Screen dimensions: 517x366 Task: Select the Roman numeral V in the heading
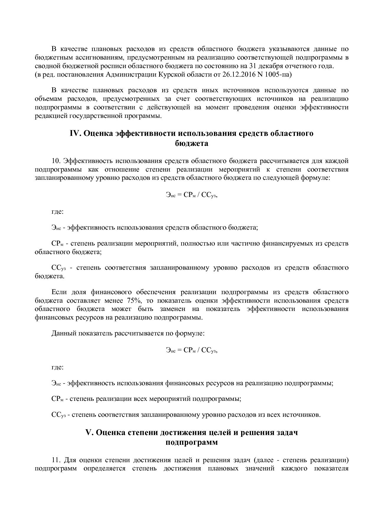click(x=89, y=433)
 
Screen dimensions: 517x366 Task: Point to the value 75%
click(x=138, y=301)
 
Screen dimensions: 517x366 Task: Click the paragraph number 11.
click(x=56, y=460)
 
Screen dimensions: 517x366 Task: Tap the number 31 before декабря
click(x=254, y=66)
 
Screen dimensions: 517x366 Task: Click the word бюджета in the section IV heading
click(x=192, y=144)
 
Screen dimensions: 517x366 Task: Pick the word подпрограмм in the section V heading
click(x=192, y=443)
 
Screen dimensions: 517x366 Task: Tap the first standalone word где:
click(x=58, y=212)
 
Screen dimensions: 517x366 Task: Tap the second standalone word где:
click(x=58, y=367)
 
